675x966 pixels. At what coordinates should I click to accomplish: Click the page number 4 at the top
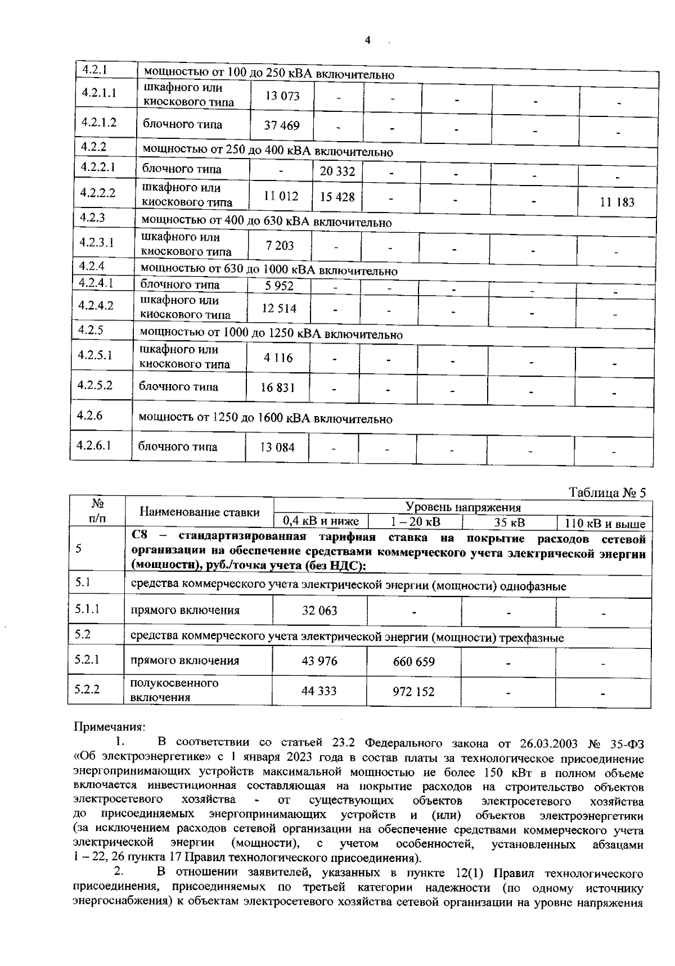tap(368, 40)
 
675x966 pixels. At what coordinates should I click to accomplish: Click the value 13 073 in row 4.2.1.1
tap(282, 96)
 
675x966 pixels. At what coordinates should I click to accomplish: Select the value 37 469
tap(282, 125)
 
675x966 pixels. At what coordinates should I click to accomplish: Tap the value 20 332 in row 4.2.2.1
tap(337, 171)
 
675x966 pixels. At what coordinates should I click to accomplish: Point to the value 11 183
tap(617, 202)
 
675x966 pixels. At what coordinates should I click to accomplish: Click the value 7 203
tap(279, 246)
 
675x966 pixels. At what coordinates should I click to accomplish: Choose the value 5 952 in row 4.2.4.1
tap(279, 286)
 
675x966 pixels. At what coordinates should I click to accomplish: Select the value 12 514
tap(279, 309)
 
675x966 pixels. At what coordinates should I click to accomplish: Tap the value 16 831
tap(278, 387)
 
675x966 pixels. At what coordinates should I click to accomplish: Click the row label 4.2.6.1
tap(94, 445)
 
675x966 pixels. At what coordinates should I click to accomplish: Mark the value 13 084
tap(277, 448)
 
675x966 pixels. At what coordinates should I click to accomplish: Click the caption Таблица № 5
tap(607, 493)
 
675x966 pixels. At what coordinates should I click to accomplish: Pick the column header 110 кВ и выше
tap(605, 524)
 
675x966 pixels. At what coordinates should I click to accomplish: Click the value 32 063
tap(319, 611)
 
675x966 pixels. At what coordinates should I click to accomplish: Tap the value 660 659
tap(414, 662)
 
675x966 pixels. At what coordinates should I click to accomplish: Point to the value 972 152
tap(413, 692)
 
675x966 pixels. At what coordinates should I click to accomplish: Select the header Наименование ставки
tap(200, 512)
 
